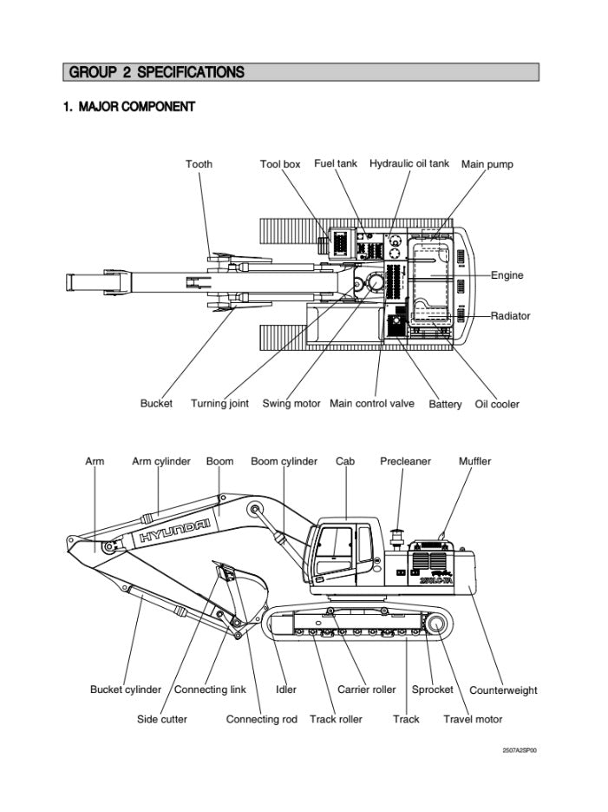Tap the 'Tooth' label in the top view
pos(199,163)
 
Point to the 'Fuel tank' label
pos(335,163)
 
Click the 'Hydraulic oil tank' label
pos(409,163)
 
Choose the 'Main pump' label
pos(487,164)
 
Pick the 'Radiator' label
pos(511,315)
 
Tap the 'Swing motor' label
pos(291,404)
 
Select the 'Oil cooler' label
pos(497,405)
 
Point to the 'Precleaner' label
pos(405,461)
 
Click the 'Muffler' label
pos(474,461)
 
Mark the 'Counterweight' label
pos(503,690)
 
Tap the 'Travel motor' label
pos(473,719)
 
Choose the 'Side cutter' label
pos(162,719)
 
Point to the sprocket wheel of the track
pos(436,624)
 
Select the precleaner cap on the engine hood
pos(399,533)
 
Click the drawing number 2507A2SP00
pos(520,751)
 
